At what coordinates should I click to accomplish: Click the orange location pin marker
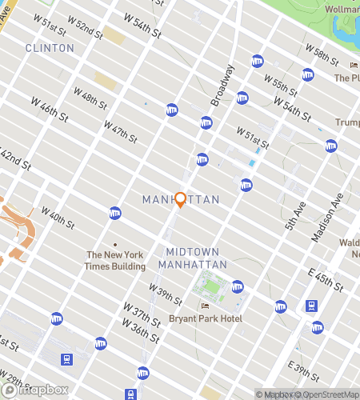coord(180,199)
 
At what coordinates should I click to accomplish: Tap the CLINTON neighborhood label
coord(50,48)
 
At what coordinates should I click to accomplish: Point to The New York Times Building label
coord(115,260)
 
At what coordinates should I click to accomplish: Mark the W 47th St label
coord(120,128)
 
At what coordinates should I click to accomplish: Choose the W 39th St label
coord(166,294)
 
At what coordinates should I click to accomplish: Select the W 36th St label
coord(138,329)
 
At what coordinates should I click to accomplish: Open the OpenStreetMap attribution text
coord(328,394)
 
